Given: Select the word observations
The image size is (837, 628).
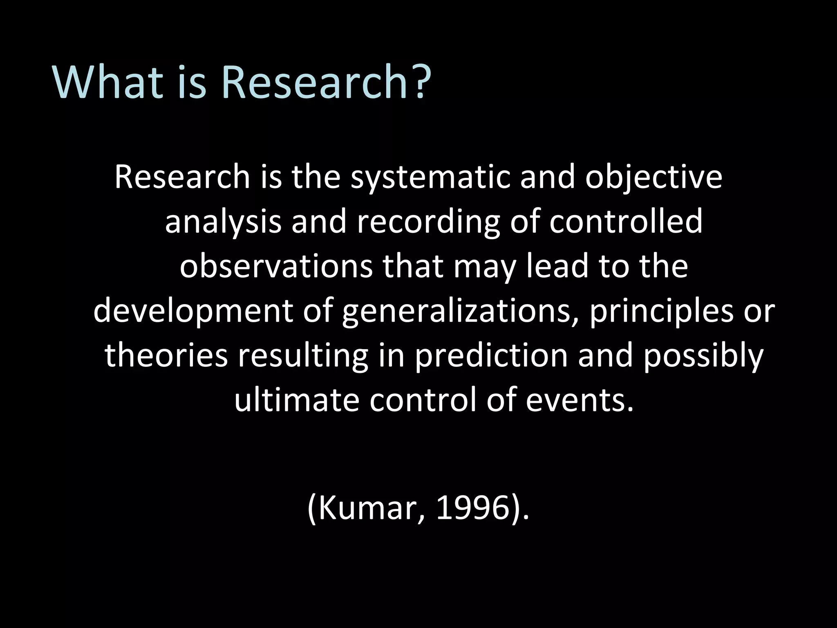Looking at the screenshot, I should point(276,267).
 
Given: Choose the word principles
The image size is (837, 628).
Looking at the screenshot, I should point(660,311).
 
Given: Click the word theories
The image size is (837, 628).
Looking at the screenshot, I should point(166,355).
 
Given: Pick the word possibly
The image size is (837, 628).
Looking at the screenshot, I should point(703,355).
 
